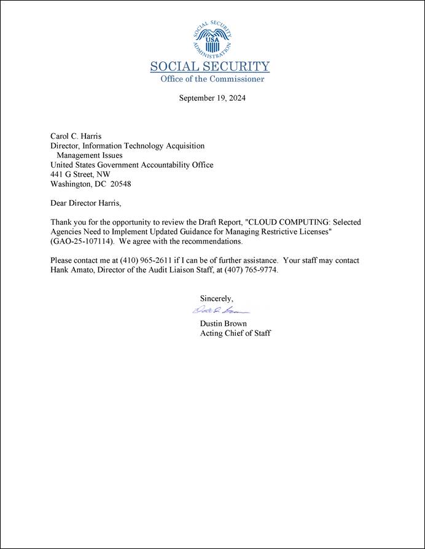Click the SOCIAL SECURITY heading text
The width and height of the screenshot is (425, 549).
click(x=210, y=67)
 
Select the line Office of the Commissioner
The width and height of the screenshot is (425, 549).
click(x=212, y=79)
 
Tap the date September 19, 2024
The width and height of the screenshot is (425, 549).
click(x=212, y=98)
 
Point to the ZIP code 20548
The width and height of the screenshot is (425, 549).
click(x=120, y=184)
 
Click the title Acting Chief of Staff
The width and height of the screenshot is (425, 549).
click(x=235, y=333)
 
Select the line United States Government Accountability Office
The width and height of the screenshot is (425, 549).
click(x=132, y=165)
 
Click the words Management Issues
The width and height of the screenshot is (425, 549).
click(x=89, y=155)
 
